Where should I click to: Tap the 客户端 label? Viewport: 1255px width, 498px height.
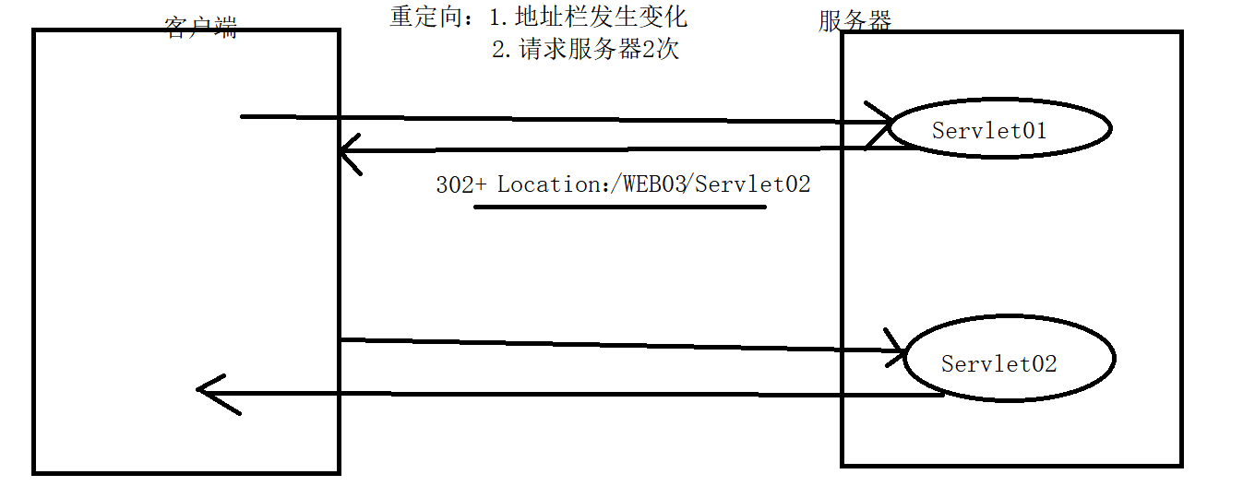(200, 27)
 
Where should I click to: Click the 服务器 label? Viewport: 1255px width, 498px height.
(855, 20)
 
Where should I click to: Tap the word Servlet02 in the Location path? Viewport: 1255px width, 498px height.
(753, 184)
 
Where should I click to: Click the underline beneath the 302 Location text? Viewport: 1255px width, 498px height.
(619, 207)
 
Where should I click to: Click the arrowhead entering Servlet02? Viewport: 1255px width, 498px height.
(895, 350)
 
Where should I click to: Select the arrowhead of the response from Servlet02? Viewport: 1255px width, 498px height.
(209, 392)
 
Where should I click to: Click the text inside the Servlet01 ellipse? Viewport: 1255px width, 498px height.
(989, 131)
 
